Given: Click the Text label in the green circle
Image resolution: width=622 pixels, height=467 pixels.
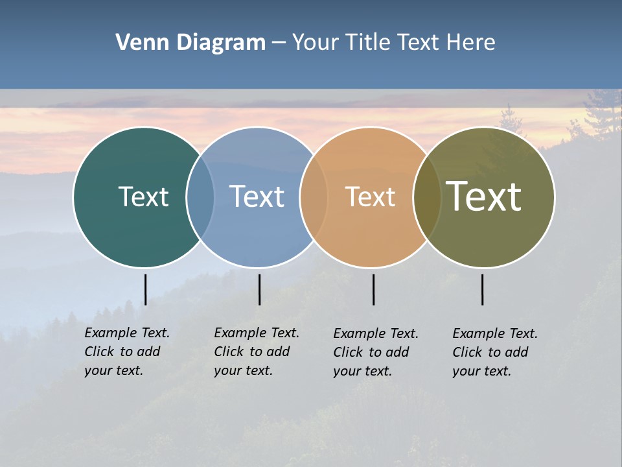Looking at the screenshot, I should click(143, 197).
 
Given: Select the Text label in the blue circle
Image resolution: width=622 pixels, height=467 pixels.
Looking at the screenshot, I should click(257, 197).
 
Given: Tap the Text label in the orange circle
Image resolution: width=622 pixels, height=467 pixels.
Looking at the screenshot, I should click(370, 197).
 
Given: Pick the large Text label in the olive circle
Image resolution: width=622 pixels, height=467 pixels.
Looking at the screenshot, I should click(484, 197).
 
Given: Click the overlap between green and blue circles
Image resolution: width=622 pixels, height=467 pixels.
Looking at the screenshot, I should click(200, 197).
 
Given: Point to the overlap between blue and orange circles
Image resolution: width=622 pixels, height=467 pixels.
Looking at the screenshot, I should click(314, 197).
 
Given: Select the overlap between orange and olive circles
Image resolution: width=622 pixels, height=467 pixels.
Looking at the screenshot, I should click(427, 197).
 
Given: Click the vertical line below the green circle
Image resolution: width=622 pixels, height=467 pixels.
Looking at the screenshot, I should click(145, 289).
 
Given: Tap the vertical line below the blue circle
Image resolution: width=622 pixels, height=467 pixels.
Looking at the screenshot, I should click(259, 289).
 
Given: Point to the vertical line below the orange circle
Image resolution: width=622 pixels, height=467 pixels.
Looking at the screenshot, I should click(373, 289).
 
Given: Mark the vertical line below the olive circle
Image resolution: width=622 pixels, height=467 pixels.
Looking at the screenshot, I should click(482, 289).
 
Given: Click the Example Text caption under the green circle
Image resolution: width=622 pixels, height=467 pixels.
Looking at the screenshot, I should click(126, 352).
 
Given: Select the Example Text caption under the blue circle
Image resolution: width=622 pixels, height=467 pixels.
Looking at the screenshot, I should click(256, 352).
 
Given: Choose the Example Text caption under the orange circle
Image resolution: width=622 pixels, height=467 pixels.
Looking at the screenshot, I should click(375, 352).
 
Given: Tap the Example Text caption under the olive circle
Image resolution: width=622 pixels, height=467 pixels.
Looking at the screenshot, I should click(494, 352).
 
